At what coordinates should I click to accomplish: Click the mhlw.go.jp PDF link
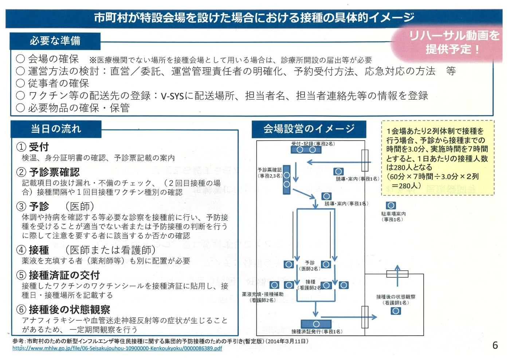coord(117,348)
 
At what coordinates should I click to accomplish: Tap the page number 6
coord(495,345)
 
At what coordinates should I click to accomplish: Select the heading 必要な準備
coord(55,41)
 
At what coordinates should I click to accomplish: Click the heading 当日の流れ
coord(56,129)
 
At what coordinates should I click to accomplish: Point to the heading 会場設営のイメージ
coord(309,129)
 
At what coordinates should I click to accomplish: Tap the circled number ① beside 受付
coord(21,147)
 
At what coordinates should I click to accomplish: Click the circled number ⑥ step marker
coord(21,309)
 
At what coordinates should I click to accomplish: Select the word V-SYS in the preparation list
coord(172,96)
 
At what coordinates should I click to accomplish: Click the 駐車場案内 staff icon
coord(391,206)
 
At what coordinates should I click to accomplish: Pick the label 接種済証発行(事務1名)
coord(317,332)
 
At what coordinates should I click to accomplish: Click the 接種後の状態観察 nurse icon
coord(396,311)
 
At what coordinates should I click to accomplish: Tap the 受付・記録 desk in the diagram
coord(306,150)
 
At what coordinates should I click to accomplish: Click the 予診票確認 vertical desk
coord(287,180)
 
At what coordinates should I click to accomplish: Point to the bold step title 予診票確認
coord(54,172)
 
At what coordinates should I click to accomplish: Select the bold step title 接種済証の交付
coord(64,275)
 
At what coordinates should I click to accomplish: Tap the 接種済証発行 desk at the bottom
coord(316,324)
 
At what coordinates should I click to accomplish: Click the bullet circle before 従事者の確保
coord(20,83)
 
